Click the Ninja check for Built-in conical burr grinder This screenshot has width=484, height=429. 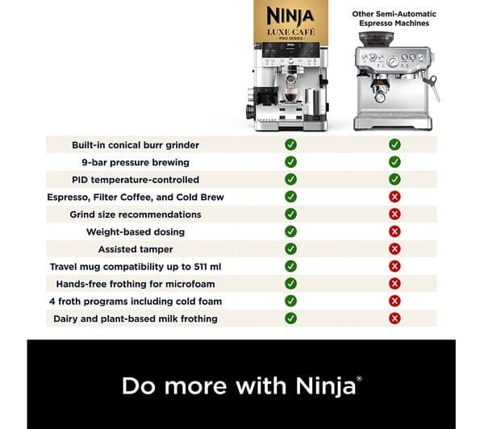[290, 144]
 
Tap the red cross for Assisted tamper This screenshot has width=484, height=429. [394, 248]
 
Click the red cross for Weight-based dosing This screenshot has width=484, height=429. [394, 231]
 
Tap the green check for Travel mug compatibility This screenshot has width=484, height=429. [290, 266]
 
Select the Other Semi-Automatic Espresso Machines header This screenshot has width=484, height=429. [394, 19]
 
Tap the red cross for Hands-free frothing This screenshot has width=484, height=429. [394, 284]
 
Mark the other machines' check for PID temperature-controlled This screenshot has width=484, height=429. [394, 179]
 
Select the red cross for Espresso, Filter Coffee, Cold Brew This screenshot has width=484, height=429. [394, 197]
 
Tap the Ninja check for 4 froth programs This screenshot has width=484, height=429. [290, 301]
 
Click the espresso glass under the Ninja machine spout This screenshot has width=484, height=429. [290, 98]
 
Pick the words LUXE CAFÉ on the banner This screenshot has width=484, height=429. [290, 32]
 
